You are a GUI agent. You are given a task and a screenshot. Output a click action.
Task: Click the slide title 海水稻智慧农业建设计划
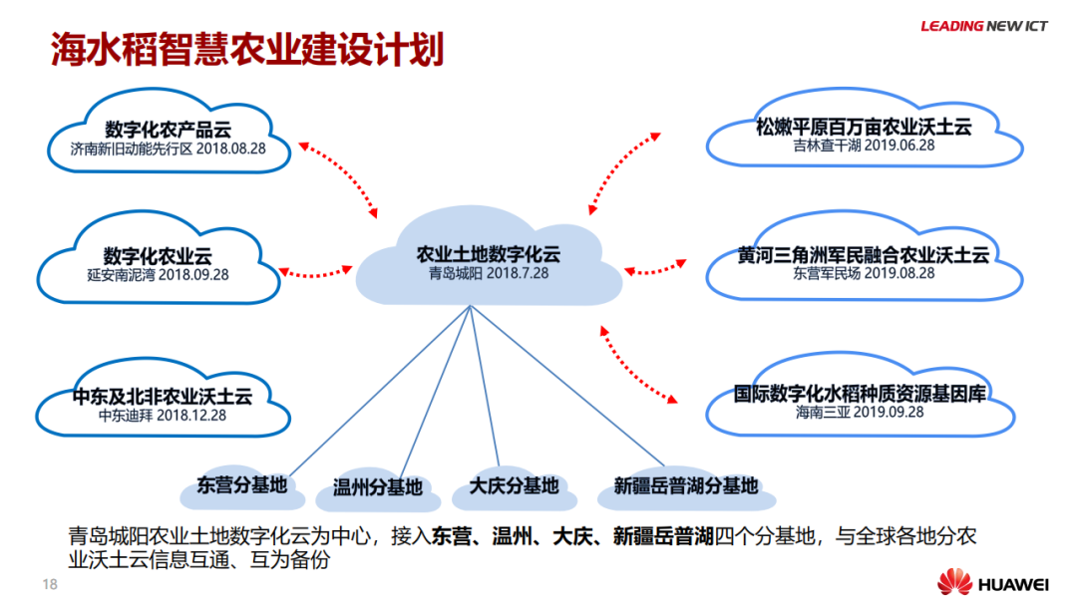pyautogui.click(x=247, y=50)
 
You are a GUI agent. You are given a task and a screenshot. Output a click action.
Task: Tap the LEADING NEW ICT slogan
pyautogui.click(x=983, y=26)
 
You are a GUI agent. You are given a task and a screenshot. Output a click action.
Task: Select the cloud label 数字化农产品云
pyautogui.click(x=169, y=130)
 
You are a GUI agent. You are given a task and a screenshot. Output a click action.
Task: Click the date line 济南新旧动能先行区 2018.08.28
pyautogui.click(x=168, y=150)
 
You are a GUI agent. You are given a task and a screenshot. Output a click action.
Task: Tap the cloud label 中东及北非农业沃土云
pyautogui.click(x=163, y=396)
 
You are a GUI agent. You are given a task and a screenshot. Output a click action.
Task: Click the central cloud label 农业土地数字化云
pyautogui.click(x=489, y=253)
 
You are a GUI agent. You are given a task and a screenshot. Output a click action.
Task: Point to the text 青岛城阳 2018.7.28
pyautogui.click(x=489, y=272)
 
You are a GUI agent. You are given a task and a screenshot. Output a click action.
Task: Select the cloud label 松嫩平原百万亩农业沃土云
pyautogui.click(x=864, y=126)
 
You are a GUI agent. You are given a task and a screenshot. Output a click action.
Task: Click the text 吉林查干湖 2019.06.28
pyautogui.click(x=864, y=145)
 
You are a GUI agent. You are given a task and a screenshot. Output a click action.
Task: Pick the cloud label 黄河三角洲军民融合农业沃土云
pyautogui.click(x=864, y=254)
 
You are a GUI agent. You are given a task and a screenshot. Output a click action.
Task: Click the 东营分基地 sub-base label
pyautogui.click(x=241, y=485)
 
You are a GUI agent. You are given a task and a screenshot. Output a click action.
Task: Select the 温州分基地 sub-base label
pyautogui.click(x=377, y=488)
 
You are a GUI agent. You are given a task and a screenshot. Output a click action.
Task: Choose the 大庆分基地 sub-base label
pyautogui.click(x=514, y=486)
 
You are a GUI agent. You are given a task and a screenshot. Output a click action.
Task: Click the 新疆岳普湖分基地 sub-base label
pyautogui.click(x=685, y=486)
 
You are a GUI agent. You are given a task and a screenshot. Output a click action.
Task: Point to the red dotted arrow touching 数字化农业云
pyautogui.click(x=318, y=269)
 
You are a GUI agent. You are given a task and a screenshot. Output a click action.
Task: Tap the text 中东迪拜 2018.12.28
pyautogui.click(x=163, y=415)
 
